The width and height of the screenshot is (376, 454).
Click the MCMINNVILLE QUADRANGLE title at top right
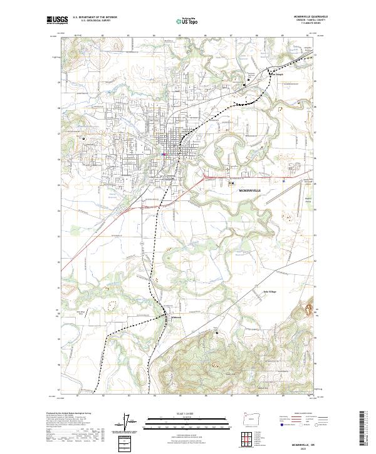coord(301,17)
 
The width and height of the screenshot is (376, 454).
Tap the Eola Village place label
coord(269,292)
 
